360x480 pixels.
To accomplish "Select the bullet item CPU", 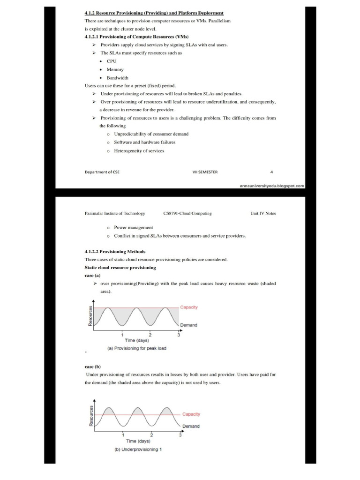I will [x=112, y=61].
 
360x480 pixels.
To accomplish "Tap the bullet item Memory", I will [x=115, y=69].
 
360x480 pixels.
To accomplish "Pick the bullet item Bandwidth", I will [x=117, y=78].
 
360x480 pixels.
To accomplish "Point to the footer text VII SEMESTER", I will [x=205, y=172].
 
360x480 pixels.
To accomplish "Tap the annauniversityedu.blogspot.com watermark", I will [x=272, y=186].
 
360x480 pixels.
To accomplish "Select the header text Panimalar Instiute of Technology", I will [x=115, y=213].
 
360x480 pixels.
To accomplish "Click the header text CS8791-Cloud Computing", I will [x=187, y=213].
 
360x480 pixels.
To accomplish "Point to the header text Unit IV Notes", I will [x=263, y=213].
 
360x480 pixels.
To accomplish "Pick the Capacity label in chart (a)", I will [x=189, y=307].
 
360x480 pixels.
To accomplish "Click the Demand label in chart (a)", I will [x=188, y=325].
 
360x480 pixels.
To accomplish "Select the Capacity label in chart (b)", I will [x=191, y=414].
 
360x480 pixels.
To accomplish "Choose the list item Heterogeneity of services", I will [x=139, y=150].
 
